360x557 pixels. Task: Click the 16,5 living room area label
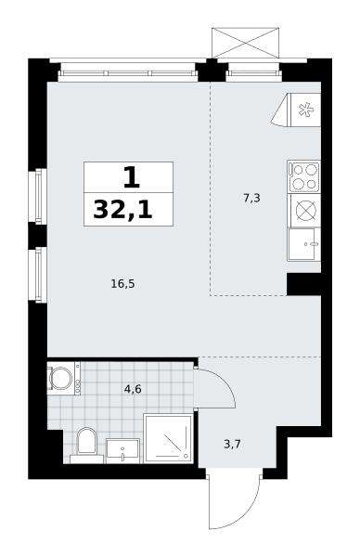[x=122, y=284]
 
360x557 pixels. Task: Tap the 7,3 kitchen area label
[x=251, y=199]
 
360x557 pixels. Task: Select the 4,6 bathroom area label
[x=133, y=389]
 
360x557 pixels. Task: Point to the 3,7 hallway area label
[x=233, y=444]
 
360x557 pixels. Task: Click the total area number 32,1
[x=122, y=210]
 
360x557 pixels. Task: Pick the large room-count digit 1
[x=132, y=177]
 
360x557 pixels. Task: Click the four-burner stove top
[x=304, y=176]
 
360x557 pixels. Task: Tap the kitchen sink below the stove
[x=304, y=243]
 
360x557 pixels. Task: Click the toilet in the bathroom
[x=86, y=444]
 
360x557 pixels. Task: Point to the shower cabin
[x=168, y=438]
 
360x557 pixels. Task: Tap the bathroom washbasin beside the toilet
[x=122, y=451]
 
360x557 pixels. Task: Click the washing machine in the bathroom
[x=64, y=379]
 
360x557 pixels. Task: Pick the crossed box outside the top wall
[x=245, y=43]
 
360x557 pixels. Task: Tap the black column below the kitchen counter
[x=304, y=284]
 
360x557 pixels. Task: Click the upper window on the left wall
[x=42, y=196]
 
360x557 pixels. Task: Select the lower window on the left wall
[x=42, y=275]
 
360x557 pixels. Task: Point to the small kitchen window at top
[x=254, y=72]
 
